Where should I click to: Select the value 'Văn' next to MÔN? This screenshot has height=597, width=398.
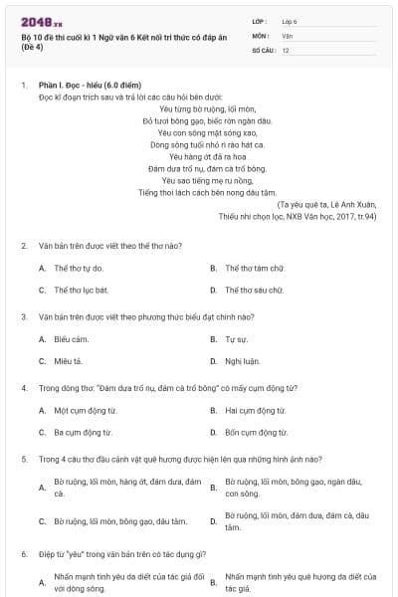click(x=287, y=35)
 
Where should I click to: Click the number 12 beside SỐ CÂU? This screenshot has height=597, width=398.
click(x=286, y=49)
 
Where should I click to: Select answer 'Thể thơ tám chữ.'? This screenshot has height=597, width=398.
click(x=255, y=268)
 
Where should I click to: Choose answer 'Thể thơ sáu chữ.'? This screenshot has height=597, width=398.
click(x=255, y=290)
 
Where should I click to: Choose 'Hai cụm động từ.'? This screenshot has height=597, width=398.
click(x=258, y=410)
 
